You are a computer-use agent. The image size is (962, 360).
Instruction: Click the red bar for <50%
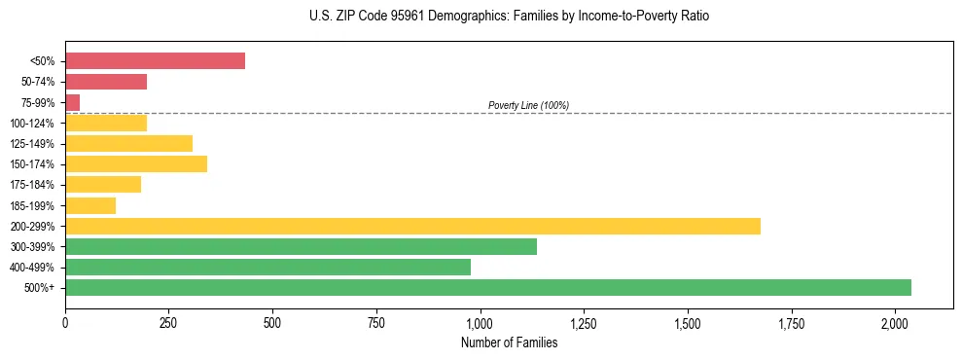coord(155,61)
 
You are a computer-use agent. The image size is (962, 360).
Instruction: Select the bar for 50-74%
coord(106,82)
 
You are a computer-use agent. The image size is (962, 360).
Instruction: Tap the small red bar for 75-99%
coord(73,102)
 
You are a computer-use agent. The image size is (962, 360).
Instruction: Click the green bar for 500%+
coord(487,287)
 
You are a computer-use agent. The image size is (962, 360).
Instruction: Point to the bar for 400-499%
coord(267,267)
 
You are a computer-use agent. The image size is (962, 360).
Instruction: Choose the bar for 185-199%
coord(90,205)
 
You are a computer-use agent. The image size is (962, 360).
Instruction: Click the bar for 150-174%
coord(136,163)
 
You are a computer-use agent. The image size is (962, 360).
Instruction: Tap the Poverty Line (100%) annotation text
coord(528,105)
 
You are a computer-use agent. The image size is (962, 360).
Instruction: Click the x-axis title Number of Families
coord(509,342)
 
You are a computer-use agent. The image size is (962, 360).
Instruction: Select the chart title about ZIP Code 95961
coord(510,17)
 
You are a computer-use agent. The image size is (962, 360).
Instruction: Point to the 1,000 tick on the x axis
coord(481,322)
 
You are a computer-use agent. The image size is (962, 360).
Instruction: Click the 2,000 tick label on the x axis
coord(895,322)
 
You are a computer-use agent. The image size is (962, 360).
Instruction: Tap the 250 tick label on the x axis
coord(169,322)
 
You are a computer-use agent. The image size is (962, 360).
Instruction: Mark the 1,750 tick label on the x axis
coord(792,322)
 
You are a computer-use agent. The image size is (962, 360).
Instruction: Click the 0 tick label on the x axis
coord(65,322)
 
